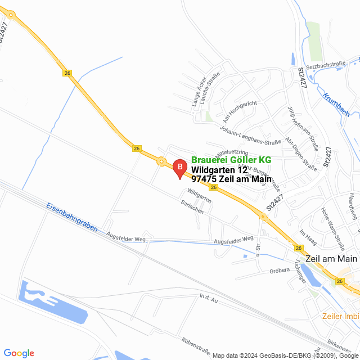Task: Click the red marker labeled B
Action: [179, 168]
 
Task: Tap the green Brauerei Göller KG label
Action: [231, 160]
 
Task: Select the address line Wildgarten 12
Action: [219, 170]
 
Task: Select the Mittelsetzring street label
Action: [232, 152]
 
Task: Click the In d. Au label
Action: [208, 296]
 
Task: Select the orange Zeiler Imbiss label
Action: [341, 316]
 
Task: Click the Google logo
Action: [19, 353]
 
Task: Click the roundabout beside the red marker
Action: [162, 162]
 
